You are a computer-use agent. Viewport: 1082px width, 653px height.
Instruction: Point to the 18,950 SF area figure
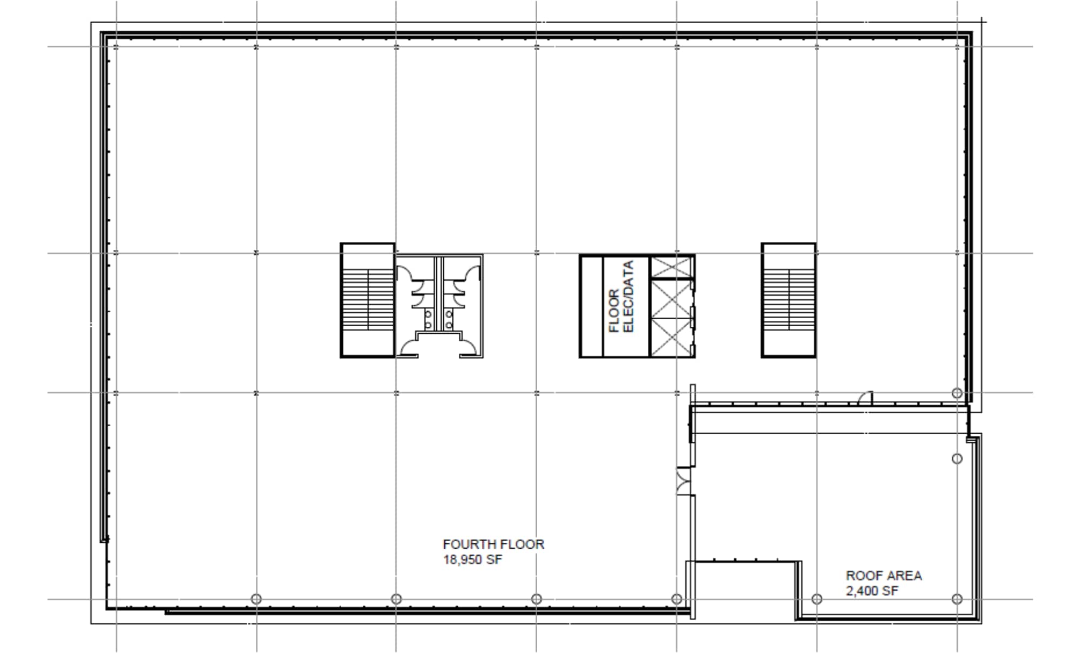(472, 560)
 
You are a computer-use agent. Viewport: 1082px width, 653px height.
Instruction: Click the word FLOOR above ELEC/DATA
(614, 311)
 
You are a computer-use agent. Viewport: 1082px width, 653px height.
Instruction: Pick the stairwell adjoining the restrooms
(367, 300)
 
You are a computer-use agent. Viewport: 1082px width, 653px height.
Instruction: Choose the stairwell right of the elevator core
(788, 300)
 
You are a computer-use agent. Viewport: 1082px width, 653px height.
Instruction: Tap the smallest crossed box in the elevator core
(671, 267)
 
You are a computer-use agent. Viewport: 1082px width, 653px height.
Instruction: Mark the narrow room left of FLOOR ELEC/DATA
(591, 306)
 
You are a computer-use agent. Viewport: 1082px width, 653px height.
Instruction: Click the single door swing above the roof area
(865, 398)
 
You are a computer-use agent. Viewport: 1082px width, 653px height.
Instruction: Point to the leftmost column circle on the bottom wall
(256, 599)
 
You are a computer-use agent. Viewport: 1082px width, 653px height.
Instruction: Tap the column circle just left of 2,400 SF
(817, 599)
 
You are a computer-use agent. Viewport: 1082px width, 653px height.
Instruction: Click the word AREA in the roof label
(902, 576)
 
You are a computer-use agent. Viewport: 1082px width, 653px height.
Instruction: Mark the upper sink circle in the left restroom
(428, 314)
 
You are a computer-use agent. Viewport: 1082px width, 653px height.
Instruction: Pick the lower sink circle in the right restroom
(449, 325)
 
